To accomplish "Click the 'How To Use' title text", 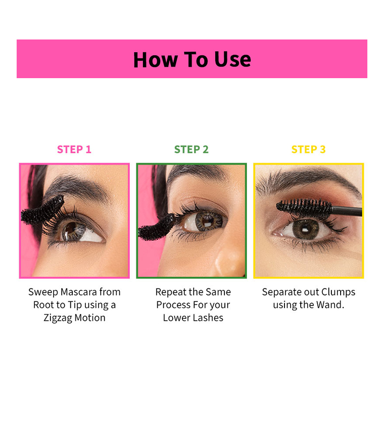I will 192,60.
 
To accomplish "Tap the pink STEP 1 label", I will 74,149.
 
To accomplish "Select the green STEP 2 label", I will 191,149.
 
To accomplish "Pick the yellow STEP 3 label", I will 308,149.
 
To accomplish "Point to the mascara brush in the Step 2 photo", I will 157,227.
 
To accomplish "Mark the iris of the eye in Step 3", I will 306,229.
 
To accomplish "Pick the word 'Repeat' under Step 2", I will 170,292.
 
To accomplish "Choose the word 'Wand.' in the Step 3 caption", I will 330,305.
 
